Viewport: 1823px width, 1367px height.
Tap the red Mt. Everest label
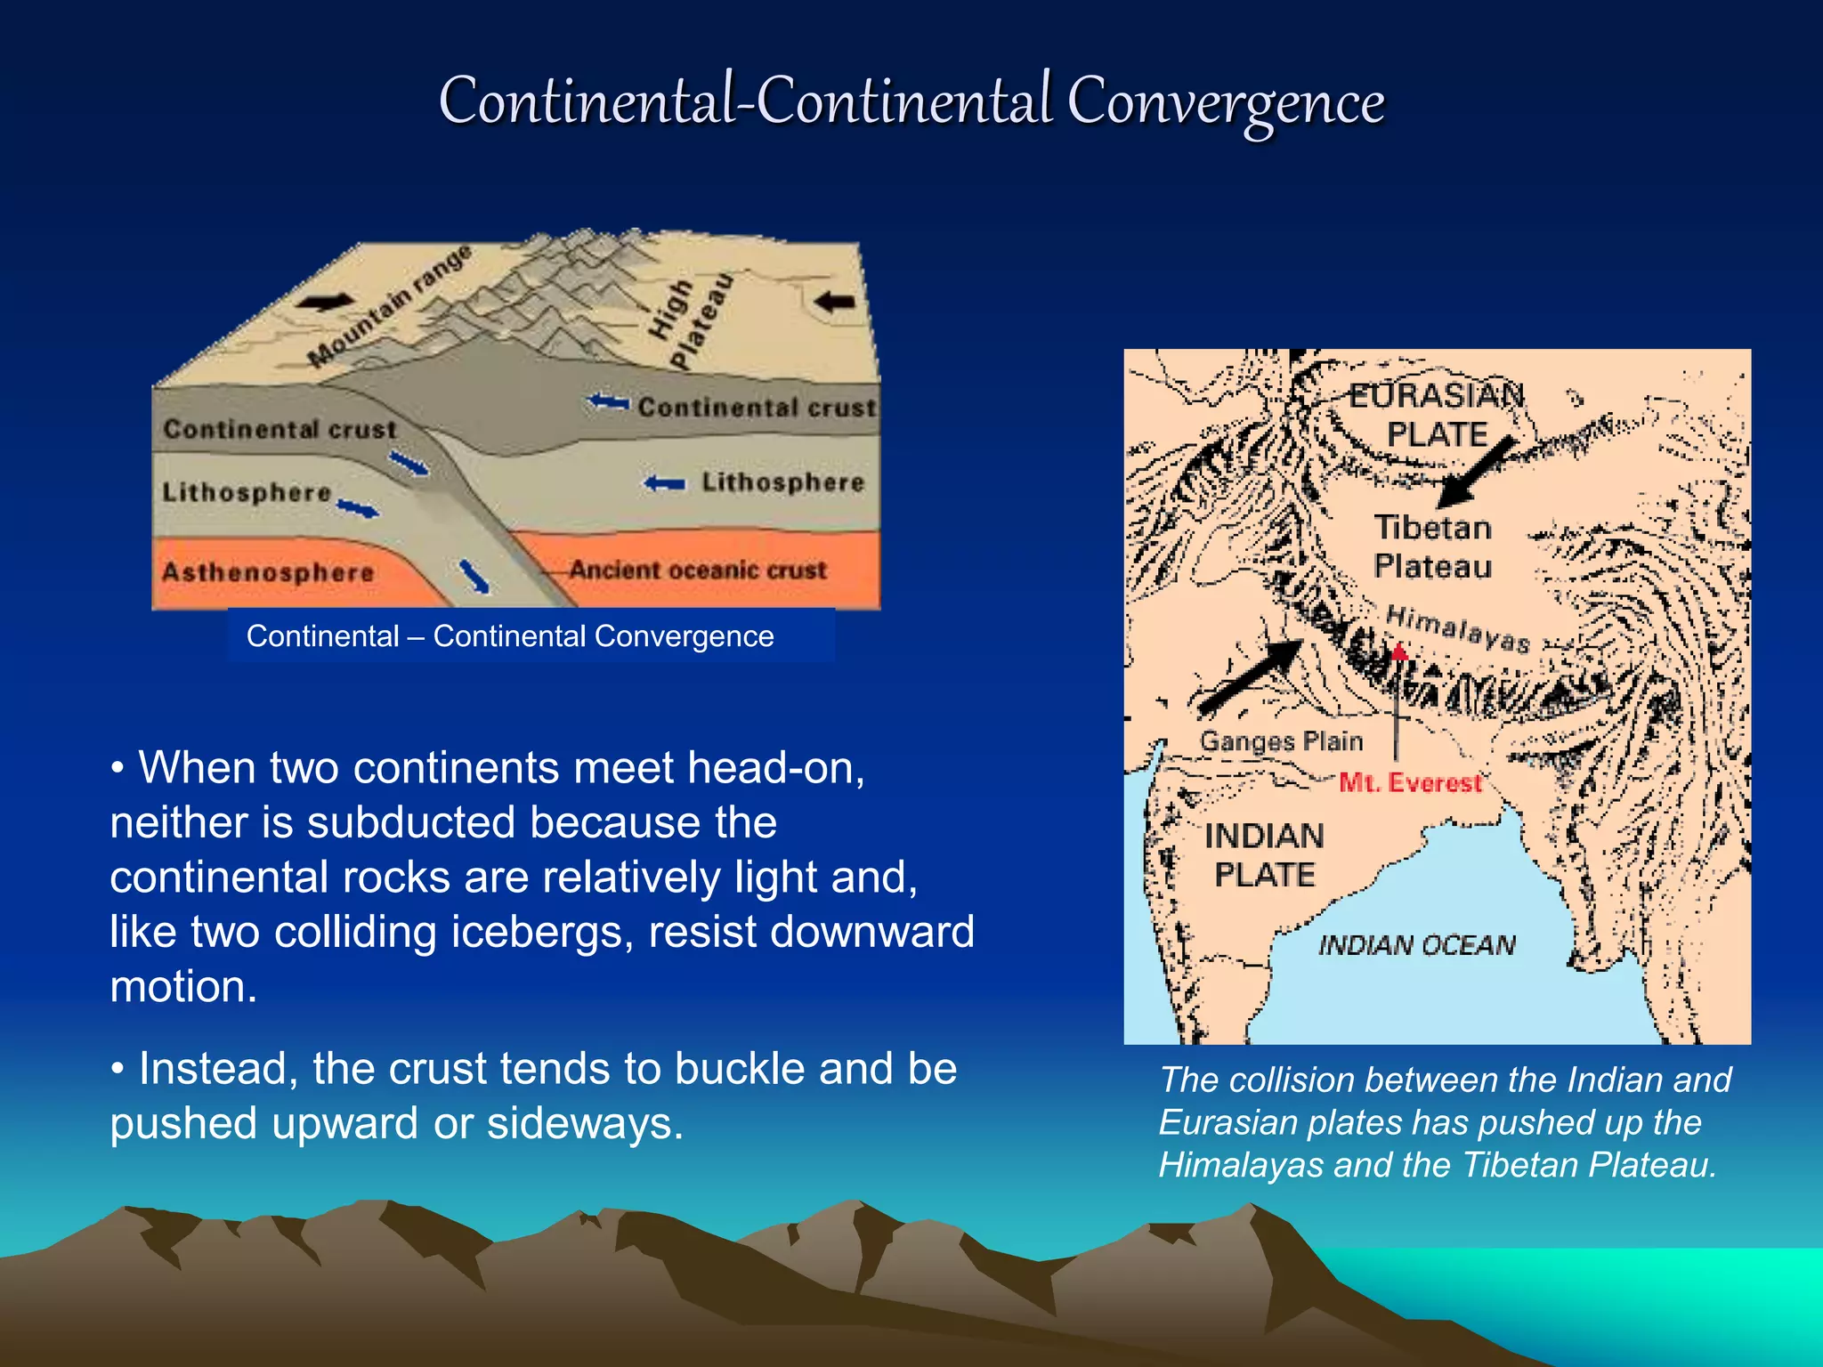point(1410,783)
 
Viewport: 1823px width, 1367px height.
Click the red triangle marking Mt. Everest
point(1399,652)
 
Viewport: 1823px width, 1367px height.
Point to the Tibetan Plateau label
point(1432,546)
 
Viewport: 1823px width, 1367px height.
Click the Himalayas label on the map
point(1458,628)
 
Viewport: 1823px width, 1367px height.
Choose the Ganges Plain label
point(1281,740)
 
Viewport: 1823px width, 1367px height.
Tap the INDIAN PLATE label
point(1264,855)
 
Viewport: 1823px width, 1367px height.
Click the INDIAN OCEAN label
point(1416,944)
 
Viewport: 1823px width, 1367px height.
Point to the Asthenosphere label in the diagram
point(267,571)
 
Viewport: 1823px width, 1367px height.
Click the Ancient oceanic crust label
point(698,570)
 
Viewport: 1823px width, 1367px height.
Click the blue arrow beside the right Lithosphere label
point(665,483)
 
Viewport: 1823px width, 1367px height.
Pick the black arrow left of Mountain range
point(324,303)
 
